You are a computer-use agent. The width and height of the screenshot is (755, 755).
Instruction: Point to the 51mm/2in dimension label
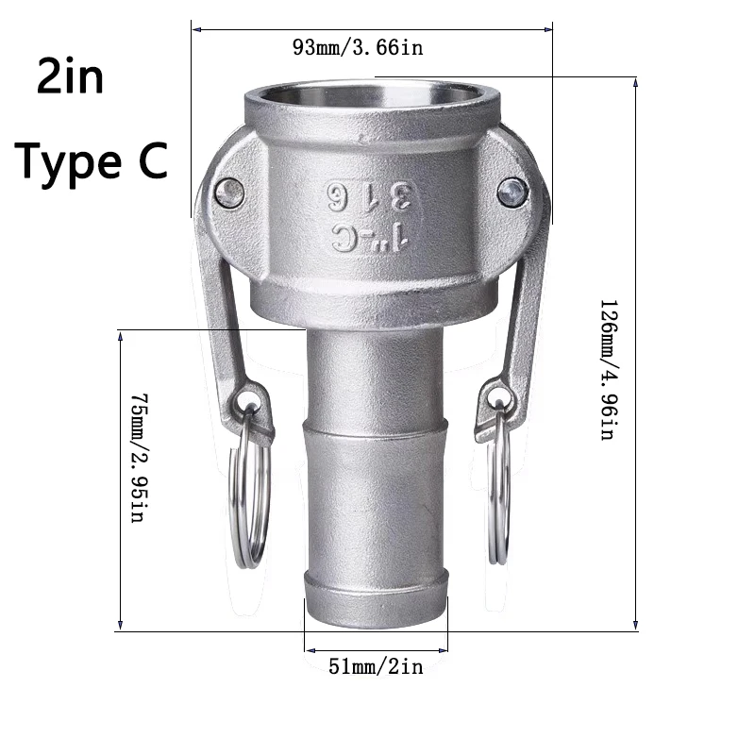pos(376,667)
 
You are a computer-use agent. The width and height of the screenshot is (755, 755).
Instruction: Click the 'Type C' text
pos(92,160)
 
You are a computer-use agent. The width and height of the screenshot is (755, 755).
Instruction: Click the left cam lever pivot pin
pos(229,193)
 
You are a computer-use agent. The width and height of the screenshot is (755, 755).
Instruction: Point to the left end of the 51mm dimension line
pos(305,648)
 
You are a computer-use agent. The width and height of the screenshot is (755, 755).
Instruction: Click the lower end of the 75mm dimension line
pos(121,627)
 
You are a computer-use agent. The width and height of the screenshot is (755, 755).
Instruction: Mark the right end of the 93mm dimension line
pos(551,30)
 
